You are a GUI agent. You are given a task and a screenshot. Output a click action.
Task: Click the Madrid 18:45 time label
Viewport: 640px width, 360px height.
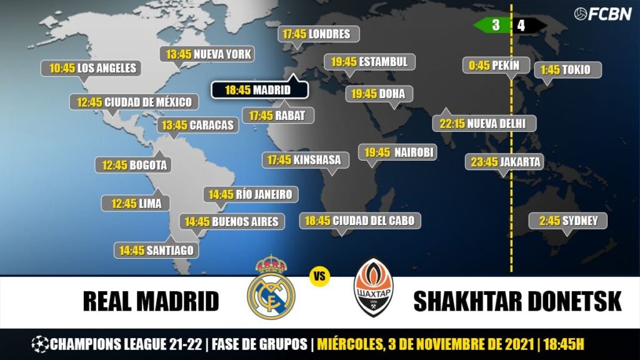point(259,90)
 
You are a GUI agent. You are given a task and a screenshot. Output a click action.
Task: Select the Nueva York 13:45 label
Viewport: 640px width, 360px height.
point(208,54)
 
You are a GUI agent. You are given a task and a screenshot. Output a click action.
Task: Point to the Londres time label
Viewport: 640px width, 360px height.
point(319,34)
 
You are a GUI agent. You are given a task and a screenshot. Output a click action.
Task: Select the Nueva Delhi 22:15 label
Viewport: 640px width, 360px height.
point(484,123)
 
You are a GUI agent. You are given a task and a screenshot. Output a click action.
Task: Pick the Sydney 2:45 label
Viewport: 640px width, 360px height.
point(567,221)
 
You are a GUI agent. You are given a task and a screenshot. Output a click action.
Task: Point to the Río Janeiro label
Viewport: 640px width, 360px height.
point(250,194)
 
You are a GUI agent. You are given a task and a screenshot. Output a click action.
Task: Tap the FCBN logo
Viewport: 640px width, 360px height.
point(602,14)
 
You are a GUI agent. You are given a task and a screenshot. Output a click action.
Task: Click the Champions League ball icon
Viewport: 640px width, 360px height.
point(40,344)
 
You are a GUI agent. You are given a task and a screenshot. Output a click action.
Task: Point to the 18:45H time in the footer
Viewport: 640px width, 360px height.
point(564,344)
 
